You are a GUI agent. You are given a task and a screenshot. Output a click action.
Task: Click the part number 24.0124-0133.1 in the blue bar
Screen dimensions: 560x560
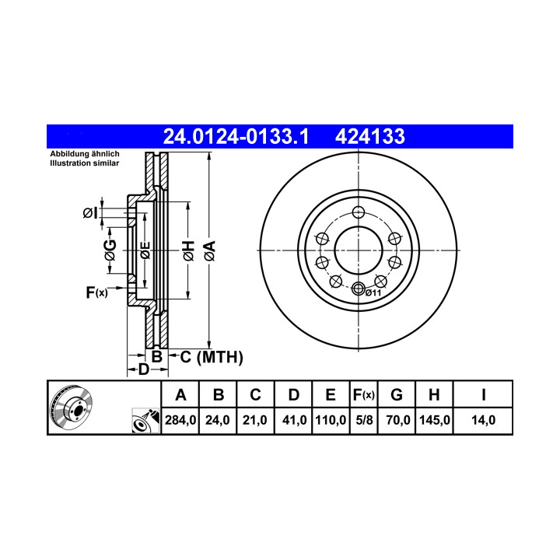tap(236, 136)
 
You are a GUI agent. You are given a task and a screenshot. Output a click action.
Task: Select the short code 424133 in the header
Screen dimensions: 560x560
tap(369, 136)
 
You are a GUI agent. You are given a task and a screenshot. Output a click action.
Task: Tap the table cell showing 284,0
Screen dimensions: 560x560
tap(180, 420)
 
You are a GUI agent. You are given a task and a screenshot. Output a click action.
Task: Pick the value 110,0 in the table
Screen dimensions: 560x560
tap(331, 420)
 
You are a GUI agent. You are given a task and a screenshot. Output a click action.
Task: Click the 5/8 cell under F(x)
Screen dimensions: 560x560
tap(364, 420)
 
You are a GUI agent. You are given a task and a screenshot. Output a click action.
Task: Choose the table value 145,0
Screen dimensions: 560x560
tap(434, 420)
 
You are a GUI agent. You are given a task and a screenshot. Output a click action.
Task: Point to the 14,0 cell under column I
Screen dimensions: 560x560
tap(483, 420)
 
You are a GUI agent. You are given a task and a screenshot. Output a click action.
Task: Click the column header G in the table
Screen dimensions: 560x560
tap(397, 394)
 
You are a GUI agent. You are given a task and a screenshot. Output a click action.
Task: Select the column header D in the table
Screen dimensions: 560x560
tap(293, 394)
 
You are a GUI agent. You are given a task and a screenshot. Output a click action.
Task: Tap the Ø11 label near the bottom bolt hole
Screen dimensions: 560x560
tap(373, 293)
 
